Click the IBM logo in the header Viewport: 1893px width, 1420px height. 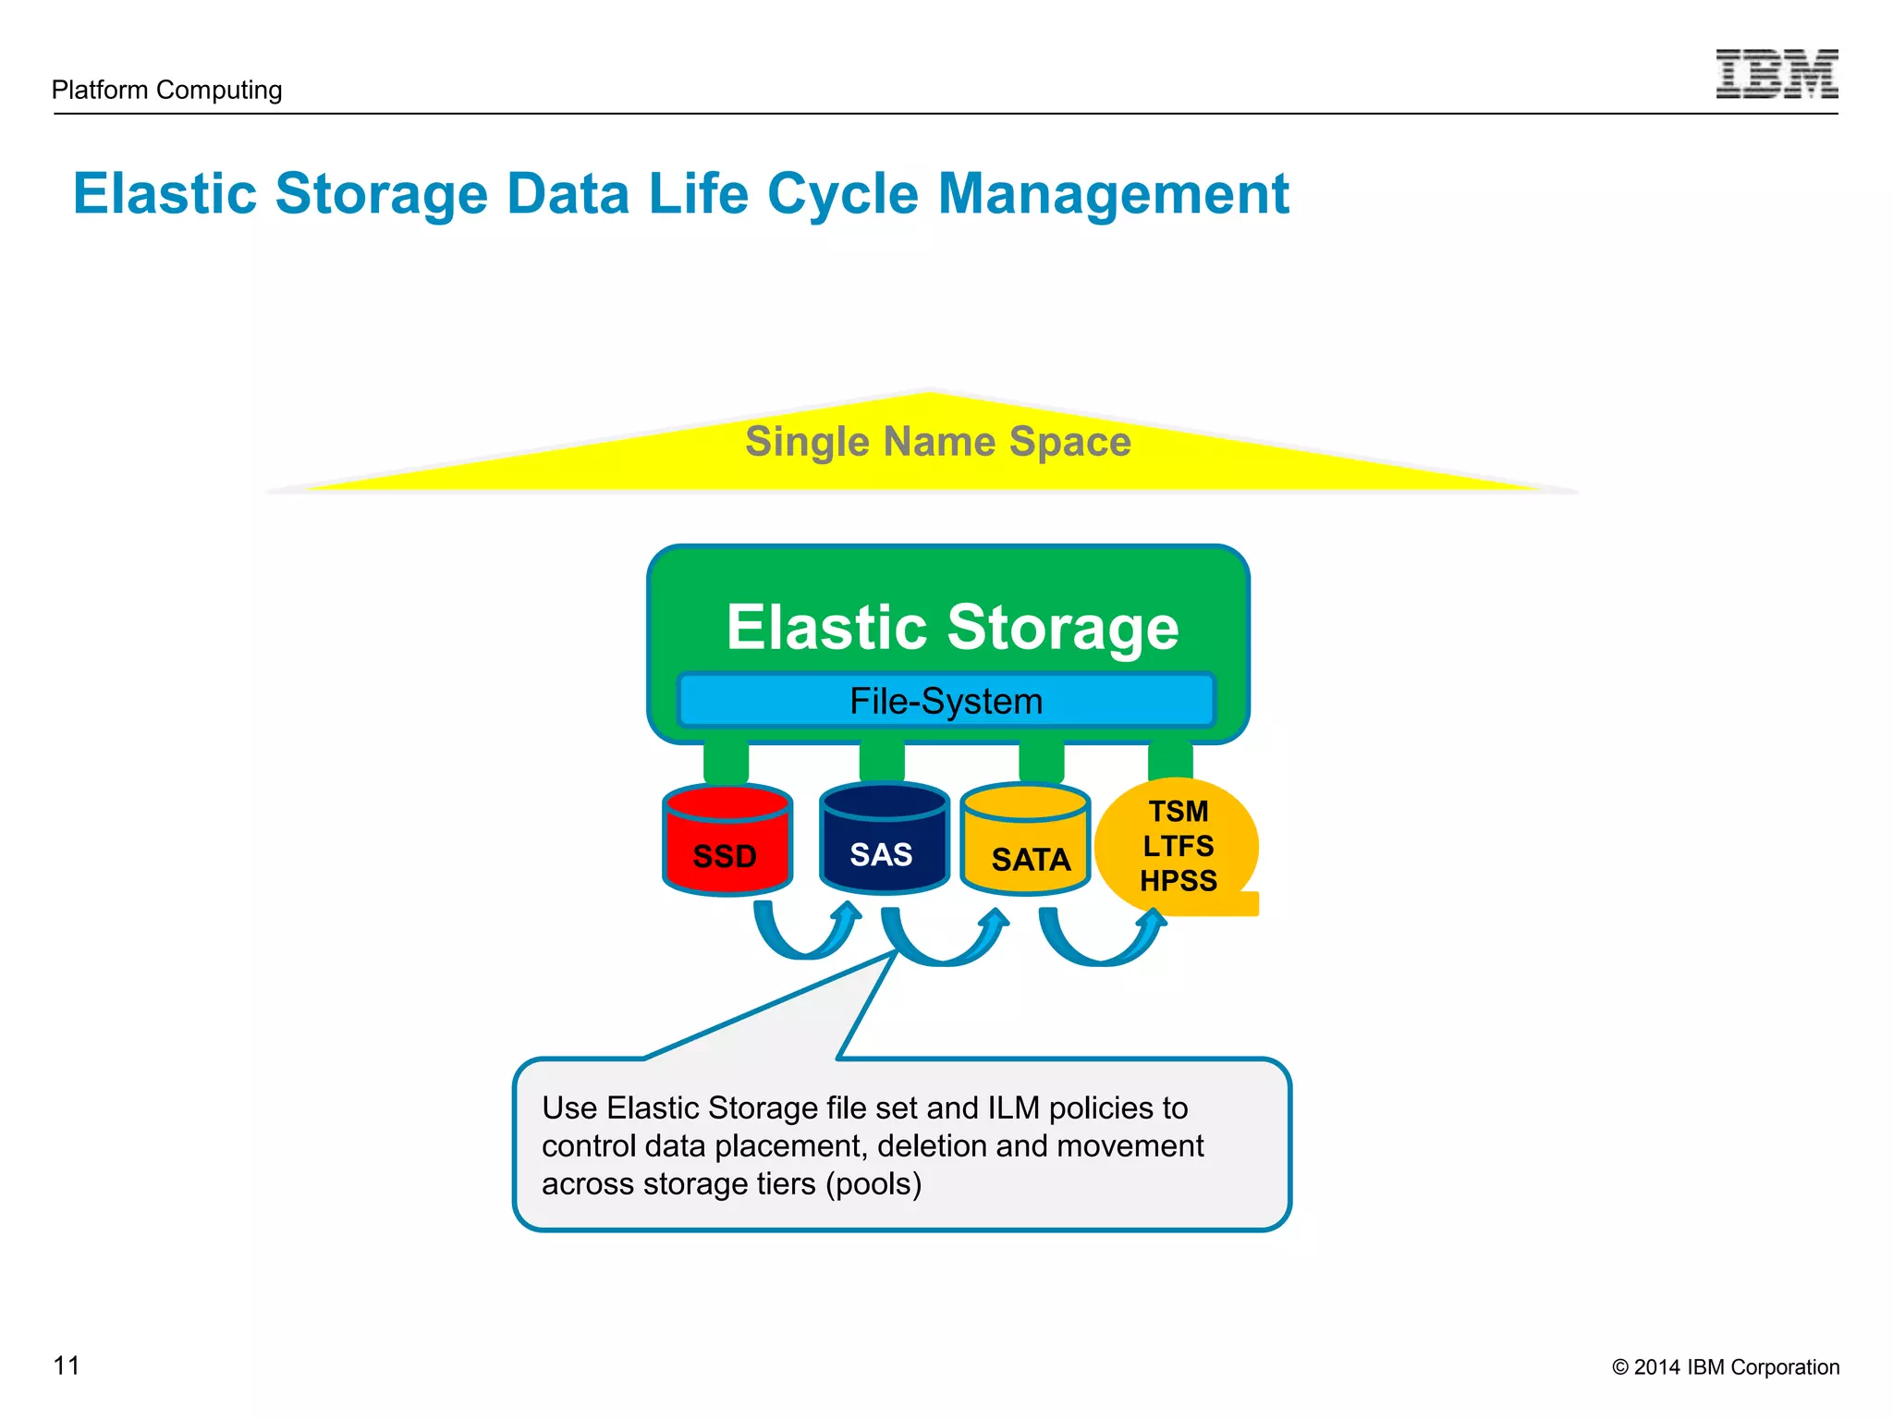[1776, 74]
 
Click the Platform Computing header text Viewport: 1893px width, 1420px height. [167, 90]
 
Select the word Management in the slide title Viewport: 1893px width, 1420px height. [1113, 194]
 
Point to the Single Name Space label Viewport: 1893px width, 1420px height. [937, 442]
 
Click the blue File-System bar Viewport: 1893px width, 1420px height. [946, 701]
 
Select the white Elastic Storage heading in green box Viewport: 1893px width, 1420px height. [952, 628]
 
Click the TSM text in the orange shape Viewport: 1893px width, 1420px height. [1179, 811]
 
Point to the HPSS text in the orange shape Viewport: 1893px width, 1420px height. [1179, 880]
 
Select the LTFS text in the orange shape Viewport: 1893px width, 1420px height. [1179, 846]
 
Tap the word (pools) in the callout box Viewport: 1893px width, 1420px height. [873, 1183]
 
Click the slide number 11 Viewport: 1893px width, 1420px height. [67, 1365]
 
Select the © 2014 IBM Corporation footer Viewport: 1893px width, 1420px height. [1725, 1367]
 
